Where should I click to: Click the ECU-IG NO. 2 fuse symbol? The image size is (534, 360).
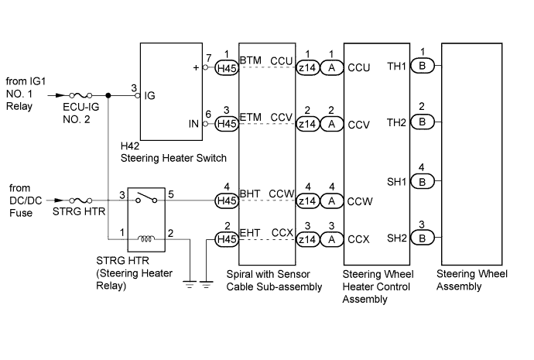coord(80,96)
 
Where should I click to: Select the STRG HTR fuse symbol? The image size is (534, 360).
coord(80,201)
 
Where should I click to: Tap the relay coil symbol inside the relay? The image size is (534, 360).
coord(146,238)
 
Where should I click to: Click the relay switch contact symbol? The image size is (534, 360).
coord(146,198)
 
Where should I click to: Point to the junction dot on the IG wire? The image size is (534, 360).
coord(108,96)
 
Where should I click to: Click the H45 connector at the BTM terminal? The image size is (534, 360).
coord(227,67)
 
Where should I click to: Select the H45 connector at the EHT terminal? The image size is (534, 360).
coord(227,239)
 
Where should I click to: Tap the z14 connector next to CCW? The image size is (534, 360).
coord(307,201)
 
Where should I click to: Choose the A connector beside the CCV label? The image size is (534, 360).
coord(331,124)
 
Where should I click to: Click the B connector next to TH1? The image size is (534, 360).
coord(423,65)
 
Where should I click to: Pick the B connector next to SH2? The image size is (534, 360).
coord(423,238)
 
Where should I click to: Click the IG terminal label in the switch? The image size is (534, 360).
coord(149,96)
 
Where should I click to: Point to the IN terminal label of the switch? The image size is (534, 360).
coord(193,124)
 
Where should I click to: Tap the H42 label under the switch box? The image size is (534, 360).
coord(130,146)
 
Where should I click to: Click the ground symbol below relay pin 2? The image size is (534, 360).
coord(190,285)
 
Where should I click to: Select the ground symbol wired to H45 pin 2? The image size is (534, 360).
coord(206,285)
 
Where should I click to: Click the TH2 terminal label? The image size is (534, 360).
coord(396,122)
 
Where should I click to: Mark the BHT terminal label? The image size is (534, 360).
coord(250,194)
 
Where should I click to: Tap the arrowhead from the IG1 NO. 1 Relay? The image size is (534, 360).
coord(60,96)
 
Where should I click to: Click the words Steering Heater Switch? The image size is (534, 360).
coord(173,158)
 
